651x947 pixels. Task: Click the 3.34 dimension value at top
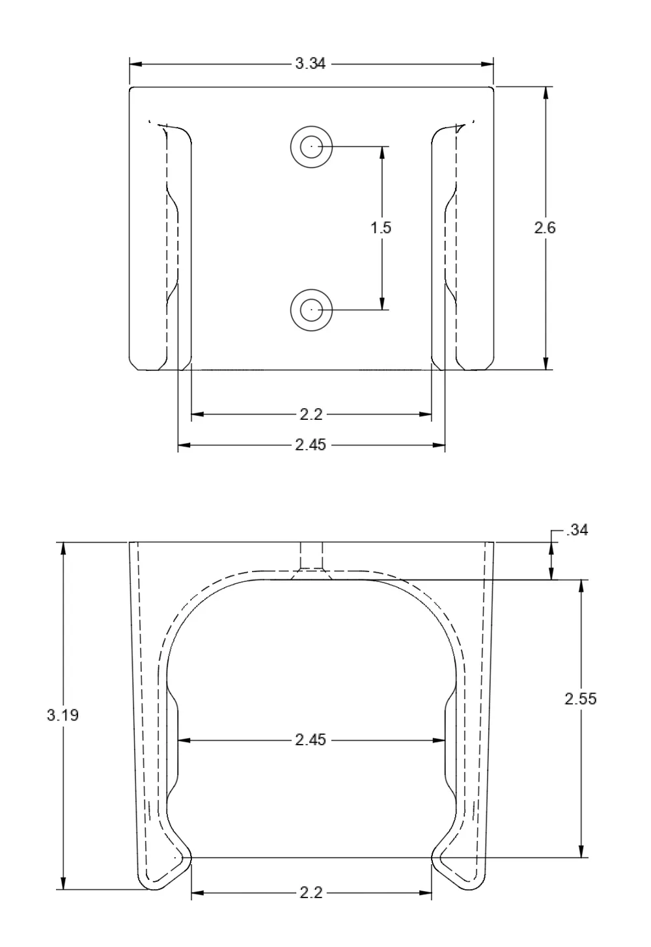click(311, 64)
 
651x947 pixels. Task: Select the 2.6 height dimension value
click(545, 228)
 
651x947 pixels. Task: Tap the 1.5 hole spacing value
click(381, 228)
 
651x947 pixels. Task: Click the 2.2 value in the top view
click(311, 415)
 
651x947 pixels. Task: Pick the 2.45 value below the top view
click(311, 445)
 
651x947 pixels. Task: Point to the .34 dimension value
click(577, 530)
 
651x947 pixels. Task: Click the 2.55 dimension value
click(581, 699)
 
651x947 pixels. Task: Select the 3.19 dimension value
click(62, 715)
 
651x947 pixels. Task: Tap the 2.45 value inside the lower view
click(311, 740)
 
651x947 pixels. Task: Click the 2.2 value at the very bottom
click(311, 892)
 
